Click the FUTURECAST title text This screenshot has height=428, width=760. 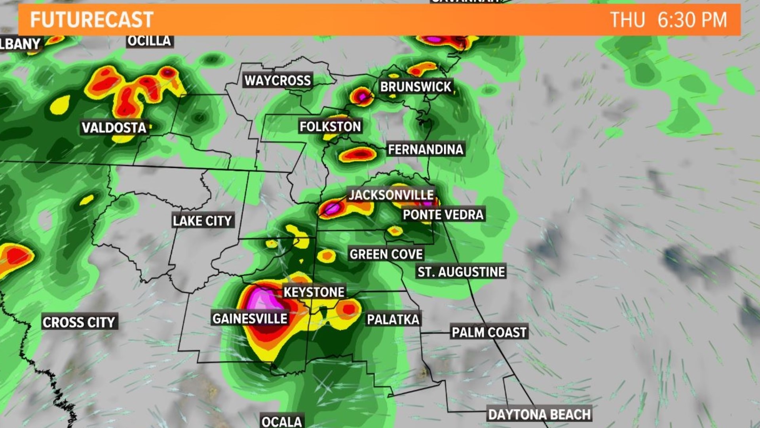click(91, 20)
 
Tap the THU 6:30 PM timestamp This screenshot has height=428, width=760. click(668, 20)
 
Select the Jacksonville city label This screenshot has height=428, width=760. click(391, 195)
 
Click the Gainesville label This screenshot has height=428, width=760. click(250, 318)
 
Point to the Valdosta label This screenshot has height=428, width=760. click(114, 128)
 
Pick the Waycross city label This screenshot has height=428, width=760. click(277, 80)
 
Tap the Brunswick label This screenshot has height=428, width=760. click(416, 87)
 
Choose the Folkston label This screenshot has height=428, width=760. click(330, 126)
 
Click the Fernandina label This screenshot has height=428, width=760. click(426, 149)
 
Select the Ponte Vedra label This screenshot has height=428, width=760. click(443, 215)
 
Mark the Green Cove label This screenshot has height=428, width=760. click(386, 254)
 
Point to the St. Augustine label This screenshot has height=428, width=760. click(462, 272)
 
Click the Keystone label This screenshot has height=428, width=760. click(314, 292)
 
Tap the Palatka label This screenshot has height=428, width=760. click(393, 319)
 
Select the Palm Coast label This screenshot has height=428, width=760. click(489, 332)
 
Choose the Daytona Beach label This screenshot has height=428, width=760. click(540, 415)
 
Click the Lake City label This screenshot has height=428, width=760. click(202, 221)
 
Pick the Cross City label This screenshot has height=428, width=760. click(79, 322)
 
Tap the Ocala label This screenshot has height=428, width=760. click(282, 421)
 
